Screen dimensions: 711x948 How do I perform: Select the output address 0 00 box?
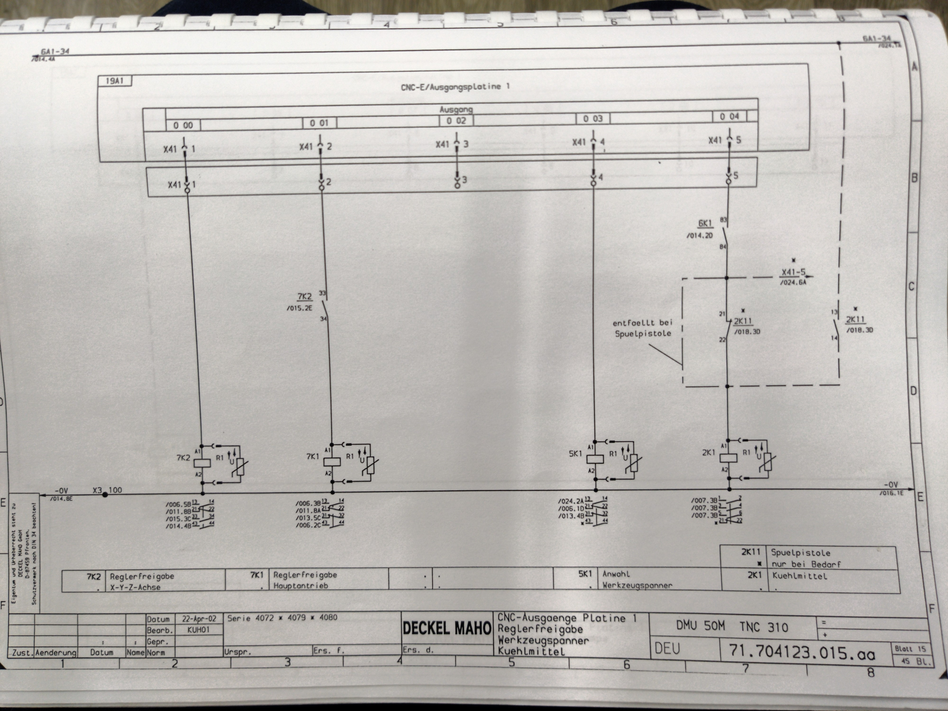(183, 125)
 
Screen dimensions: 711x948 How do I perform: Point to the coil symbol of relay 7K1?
(332, 462)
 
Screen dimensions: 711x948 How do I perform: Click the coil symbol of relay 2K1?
(728, 458)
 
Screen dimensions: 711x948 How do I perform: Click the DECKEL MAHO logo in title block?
(446, 628)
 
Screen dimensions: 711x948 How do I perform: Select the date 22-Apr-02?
(199, 619)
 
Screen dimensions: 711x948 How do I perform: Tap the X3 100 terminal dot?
(105, 494)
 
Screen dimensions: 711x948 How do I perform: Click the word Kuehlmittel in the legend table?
(799, 576)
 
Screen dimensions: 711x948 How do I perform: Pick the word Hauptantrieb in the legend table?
(300, 585)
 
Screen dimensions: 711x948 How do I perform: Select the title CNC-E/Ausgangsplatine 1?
(455, 87)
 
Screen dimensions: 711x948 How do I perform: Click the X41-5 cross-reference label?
(793, 272)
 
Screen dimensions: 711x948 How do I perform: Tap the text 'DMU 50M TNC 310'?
(732, 627)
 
